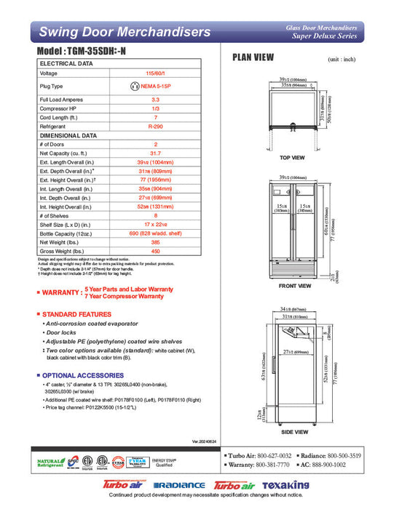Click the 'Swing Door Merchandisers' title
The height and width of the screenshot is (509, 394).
(x=125, y=32)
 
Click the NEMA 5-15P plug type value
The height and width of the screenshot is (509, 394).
(x=155, y=85)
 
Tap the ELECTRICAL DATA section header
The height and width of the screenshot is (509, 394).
(x=66, y=64)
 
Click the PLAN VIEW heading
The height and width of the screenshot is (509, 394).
(x=253, y=57)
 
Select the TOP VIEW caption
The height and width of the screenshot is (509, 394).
(x=292, y=158)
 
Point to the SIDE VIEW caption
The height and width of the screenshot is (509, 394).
(x=295, y=433)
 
